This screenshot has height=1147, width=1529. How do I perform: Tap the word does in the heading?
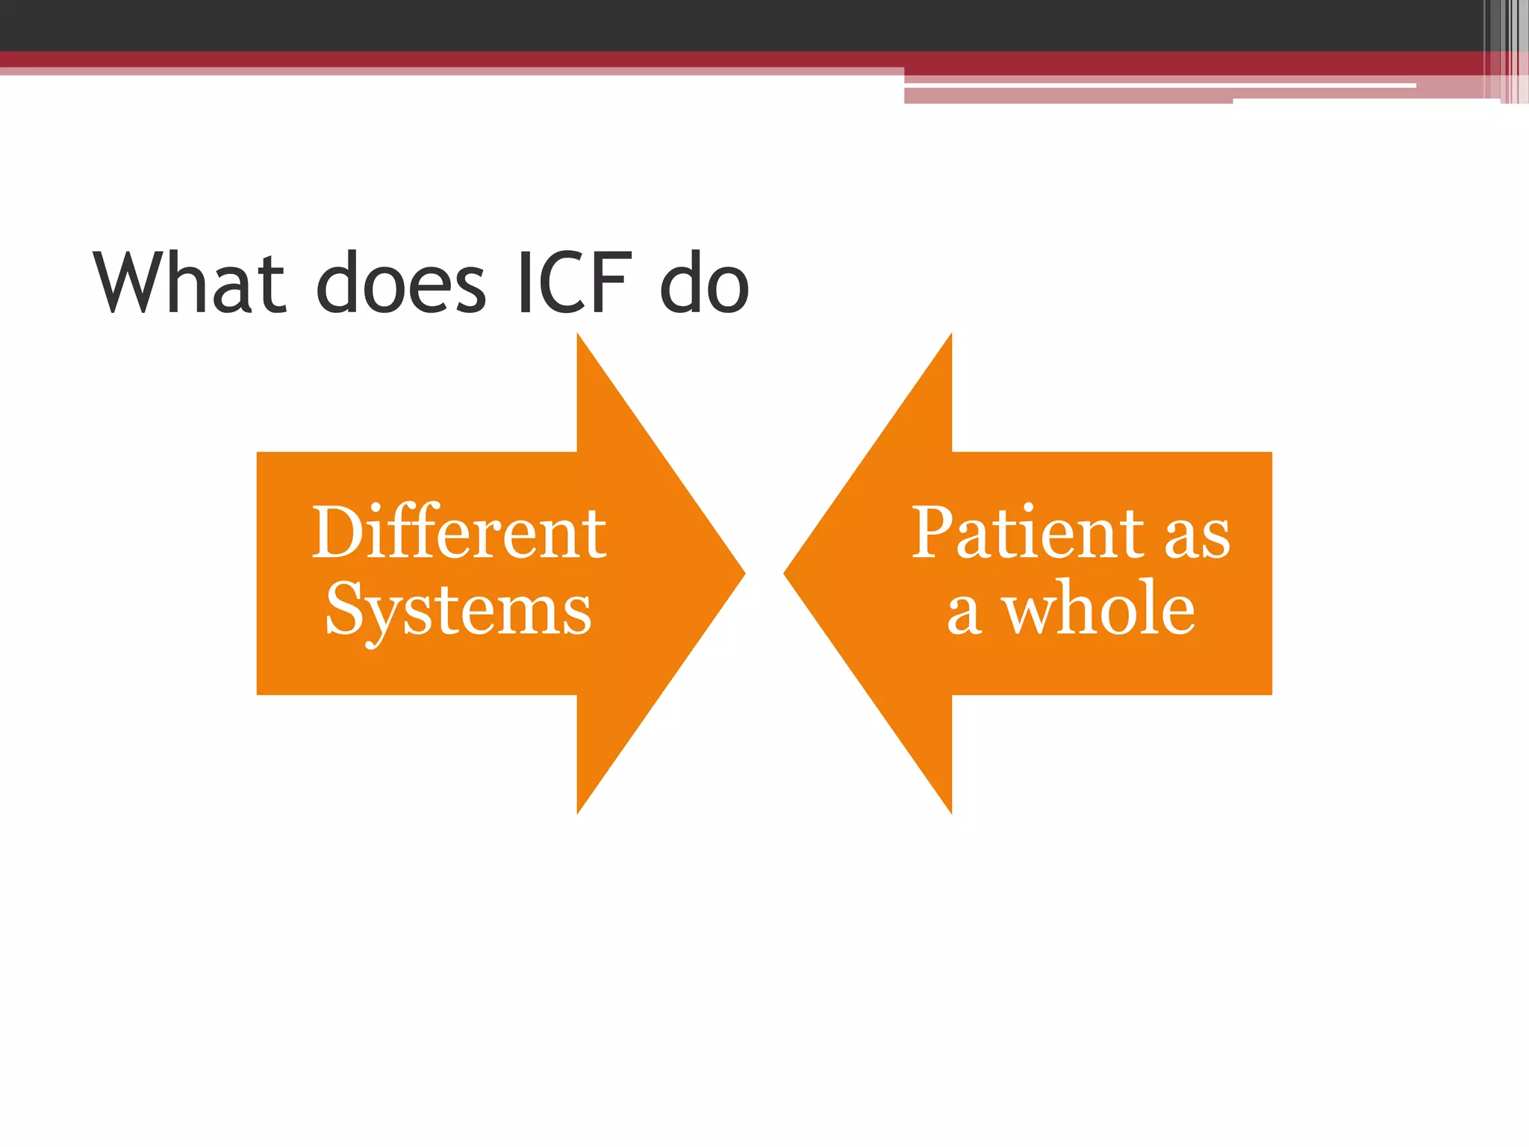click(401, 284)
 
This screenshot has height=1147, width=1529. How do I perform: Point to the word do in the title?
click(704, 284)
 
